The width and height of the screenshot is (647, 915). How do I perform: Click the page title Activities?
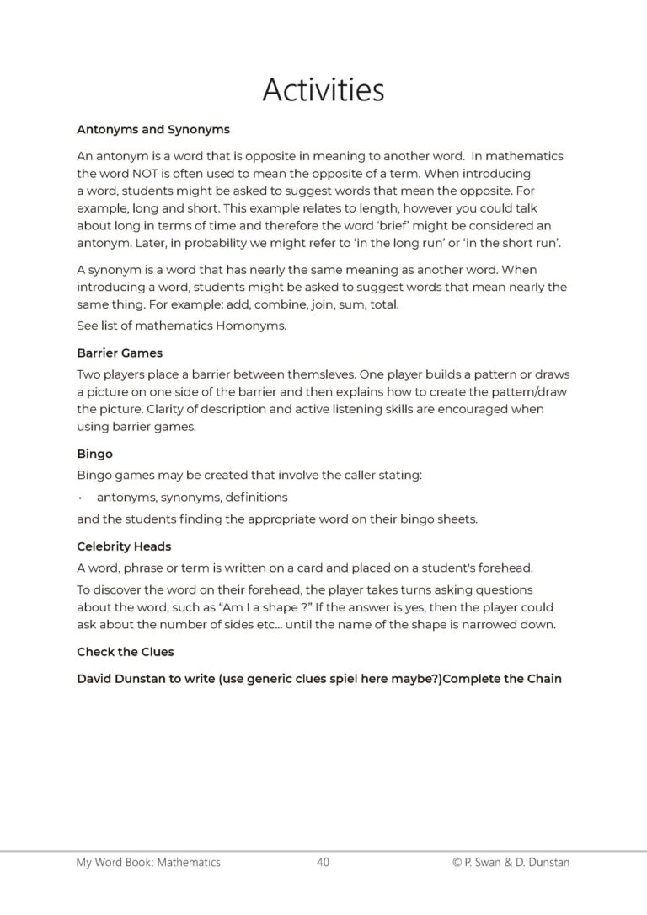pos(323,89)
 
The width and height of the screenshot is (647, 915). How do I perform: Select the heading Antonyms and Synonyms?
pos(153,130)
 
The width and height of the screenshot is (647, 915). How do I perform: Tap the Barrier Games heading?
pos(120,354)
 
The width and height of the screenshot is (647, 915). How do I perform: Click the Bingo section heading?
pos(94,454)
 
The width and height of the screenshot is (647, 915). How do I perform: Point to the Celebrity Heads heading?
pos(124,546)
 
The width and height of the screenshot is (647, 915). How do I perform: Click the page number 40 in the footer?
pos(323,862)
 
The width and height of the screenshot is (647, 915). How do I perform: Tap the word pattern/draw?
pos(528,392)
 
